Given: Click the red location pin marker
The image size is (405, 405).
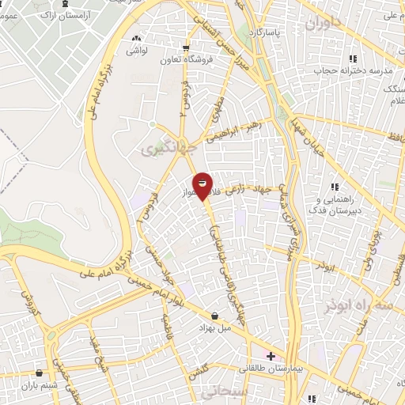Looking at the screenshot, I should click(203, 185).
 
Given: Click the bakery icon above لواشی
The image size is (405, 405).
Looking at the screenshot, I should click(138, 37).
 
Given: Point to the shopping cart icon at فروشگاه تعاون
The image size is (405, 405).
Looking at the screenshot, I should click(186, 46).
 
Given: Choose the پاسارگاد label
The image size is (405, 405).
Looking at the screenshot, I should click(262, 32).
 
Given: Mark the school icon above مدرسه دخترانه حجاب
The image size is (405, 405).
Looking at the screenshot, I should click(353, 58).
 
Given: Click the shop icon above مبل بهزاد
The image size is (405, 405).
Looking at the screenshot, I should click(214, 316).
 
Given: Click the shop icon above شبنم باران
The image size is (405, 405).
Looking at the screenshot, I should click(39, 373).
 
